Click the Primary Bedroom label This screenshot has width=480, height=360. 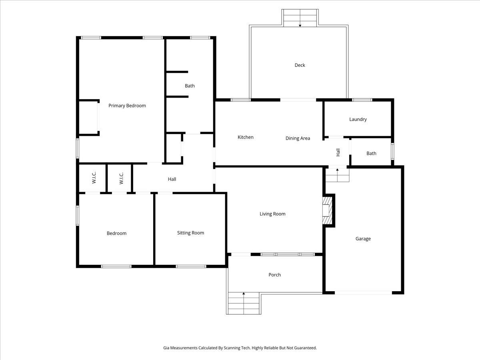[x=127, y=106]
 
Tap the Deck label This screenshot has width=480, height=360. [x=300, y=65]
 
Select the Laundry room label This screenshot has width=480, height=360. [x=358, y=119]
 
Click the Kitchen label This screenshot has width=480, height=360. [x=246, y=137]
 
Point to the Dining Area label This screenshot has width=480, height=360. [x=298, y=138]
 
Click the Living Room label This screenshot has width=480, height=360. [x=272, y=214]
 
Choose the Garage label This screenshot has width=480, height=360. [x=363, y=239]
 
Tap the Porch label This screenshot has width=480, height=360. [x=274, y=275]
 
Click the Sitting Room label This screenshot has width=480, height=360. [x=190, y=233]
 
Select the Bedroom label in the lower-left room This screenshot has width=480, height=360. [x=116, y=233]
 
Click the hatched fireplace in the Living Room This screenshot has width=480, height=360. [x=328, y=210]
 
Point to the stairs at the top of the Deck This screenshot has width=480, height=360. [x=300, y=18]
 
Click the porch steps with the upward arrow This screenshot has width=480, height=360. [x=244, y=303]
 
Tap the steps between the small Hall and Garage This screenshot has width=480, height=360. [x=337, y=175]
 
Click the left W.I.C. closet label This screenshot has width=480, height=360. [x=94, y=178]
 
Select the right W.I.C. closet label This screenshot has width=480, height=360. [x=121, y=178]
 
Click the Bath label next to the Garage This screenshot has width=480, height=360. [x=371, y=153]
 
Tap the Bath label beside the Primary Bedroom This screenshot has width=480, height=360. [x=190, y=86]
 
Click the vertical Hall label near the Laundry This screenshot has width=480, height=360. [x=338, y=152]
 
